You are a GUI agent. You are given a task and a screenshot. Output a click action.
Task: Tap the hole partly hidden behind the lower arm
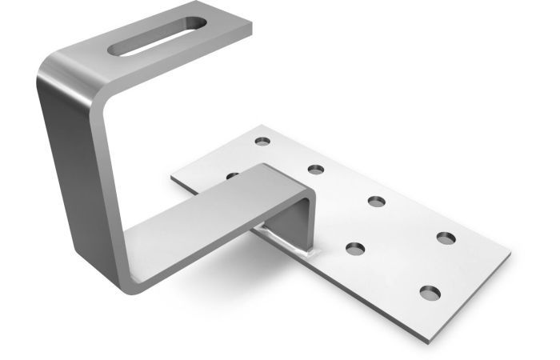233,174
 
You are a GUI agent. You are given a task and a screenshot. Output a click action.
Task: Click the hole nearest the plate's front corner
430,292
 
